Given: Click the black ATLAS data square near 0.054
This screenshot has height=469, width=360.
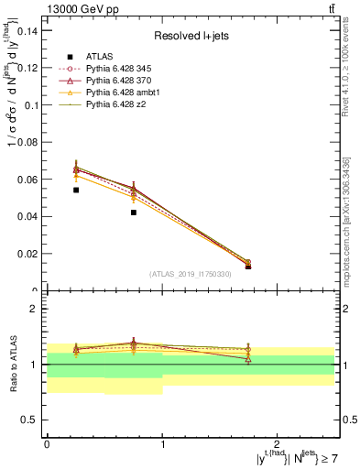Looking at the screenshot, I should [76, 190].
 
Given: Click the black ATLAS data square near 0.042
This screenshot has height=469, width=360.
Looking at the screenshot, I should [134, 213].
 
